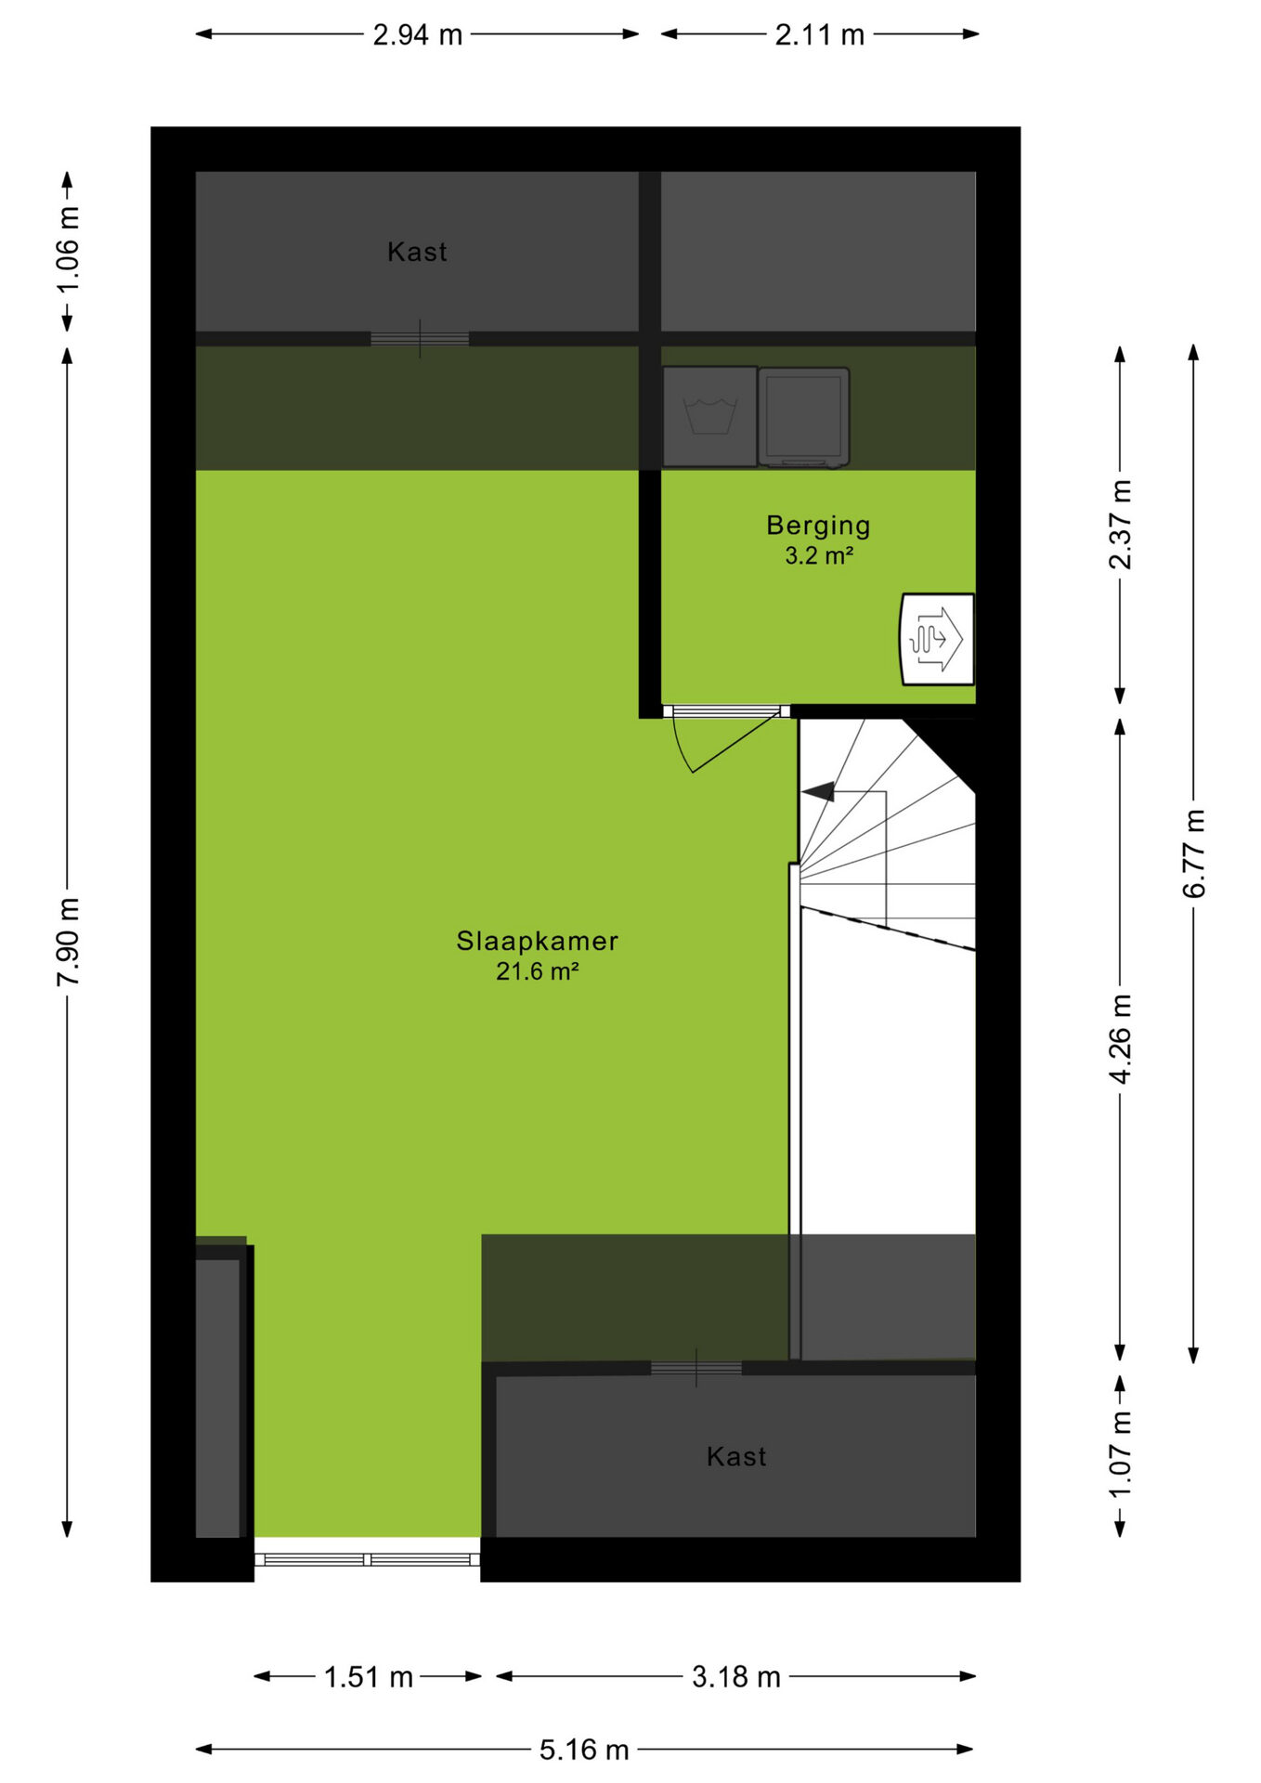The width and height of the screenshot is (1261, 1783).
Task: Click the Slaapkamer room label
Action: click(537, 941)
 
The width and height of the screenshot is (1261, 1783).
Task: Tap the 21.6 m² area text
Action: click(538, 972)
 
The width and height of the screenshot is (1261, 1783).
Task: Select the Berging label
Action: click(818, 526)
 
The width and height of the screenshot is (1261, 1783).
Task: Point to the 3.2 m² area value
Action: click(819, 555)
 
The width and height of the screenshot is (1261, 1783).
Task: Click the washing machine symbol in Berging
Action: click(709, 416)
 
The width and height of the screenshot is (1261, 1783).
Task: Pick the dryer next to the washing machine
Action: click(803, 416)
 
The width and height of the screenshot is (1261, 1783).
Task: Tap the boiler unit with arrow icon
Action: click(938, 639)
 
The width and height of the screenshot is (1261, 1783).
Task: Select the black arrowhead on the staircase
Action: click(818, 792)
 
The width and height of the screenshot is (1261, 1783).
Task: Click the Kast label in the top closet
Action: click(417, 252)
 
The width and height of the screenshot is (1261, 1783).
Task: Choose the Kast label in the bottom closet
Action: click(736, 1456)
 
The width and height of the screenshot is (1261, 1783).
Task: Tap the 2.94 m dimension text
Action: click(417, 35)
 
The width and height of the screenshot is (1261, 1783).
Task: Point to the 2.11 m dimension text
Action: click(819, 35)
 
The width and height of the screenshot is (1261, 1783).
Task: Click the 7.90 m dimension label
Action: click(69, 943)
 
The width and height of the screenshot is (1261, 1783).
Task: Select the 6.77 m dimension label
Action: click(1194, 853)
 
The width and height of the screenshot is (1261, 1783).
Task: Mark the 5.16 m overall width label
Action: click(584, 1750)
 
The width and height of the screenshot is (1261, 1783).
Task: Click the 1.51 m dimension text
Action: click(368, 1677)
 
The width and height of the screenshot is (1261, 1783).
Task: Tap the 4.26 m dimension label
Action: click(1121, 1039)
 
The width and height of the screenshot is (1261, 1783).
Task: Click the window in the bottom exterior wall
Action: click(368, 1559)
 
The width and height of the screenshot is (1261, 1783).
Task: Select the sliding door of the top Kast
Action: click(420, 339)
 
